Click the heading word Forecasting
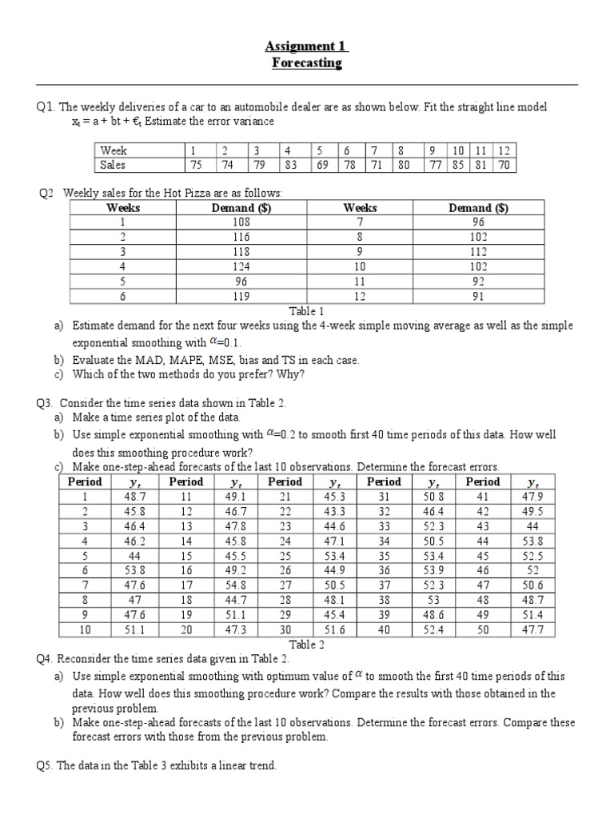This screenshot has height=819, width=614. click(x=307, y=63)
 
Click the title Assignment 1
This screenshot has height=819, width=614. click(x=306, y=46)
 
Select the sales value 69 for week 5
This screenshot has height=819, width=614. click(x=322, y=166)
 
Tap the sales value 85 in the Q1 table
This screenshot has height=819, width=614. click(x=458, y=166)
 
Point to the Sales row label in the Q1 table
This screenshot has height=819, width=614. click(x=113, y=166)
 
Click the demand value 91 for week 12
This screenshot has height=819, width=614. click(x=478, y=295)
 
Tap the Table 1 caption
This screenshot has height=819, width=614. click(x=306, y=310)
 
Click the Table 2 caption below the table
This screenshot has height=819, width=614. click(x=306, y=645)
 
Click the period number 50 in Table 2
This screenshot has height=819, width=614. click(x=483, y=630)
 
